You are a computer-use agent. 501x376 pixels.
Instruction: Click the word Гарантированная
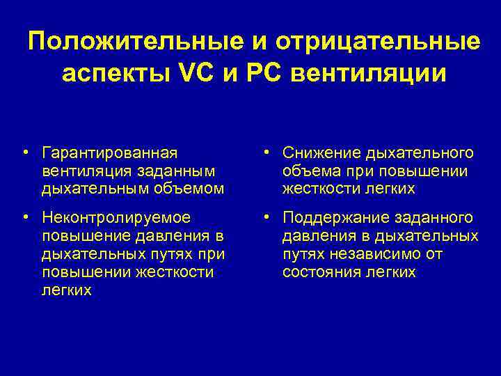coord(109,152)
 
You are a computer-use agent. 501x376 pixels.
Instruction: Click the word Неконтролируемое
coord(116,218)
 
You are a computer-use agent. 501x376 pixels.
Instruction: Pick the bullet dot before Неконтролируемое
coord(24,218)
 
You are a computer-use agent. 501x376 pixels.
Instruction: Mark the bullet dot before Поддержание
coord(265,218)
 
